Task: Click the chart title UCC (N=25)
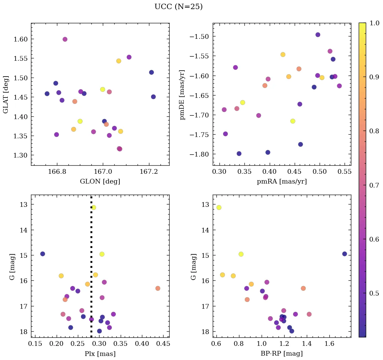178,7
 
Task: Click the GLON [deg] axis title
100,181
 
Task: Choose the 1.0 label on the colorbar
374,23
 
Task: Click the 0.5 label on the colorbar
374,293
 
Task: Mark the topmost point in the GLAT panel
65,39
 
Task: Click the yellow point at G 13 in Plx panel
94,207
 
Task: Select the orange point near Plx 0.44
158,288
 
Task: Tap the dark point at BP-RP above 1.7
345,254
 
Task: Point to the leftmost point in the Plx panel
42,254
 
